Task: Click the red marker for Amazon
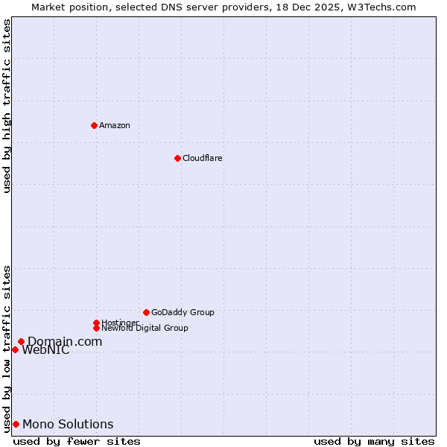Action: point(94,125)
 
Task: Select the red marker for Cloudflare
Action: point(177,158)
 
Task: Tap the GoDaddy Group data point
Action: point(146,312)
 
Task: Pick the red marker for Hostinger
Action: point(96,323)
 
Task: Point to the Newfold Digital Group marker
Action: point(96,328)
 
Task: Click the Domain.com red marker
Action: point(21,341)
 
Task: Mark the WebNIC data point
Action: point(15,349)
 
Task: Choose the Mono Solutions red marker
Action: point(16,424)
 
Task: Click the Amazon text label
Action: point(115,125)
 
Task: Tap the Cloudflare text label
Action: point(203,158)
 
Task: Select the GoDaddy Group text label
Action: point(183,312)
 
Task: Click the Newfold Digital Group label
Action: point(145,328)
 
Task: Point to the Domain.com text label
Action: point(65,341)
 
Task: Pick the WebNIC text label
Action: point(45,350)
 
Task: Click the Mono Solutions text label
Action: point(68,425)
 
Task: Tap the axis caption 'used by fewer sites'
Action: point(77,441)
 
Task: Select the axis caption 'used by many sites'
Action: point(374,441)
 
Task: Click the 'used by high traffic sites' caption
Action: point(7,106)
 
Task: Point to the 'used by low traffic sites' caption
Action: point(7,348)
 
